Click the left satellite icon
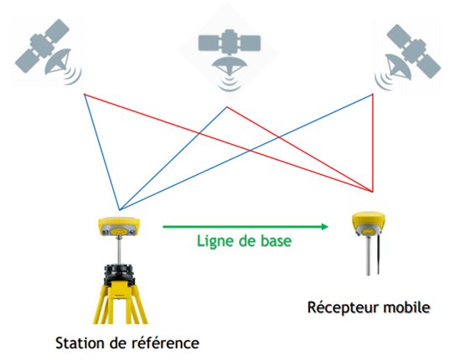(x=48, y=52)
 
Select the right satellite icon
(x=407, y=57)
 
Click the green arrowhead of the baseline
(x=324, y=227)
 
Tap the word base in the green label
(x=276, y=241)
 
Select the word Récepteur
(x=343, y=308)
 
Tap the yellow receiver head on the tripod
(x=119, y=227)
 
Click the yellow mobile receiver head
(x=369, y=223)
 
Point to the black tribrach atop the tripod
(x=119, y=274)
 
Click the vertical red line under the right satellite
(x=373, y=142)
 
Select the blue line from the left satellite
(x=102, y=152)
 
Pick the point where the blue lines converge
(x=120, y=210)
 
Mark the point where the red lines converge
(x=373, y=192)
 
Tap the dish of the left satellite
(x=57, y=62)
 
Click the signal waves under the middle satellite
(x=230, y=84)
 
